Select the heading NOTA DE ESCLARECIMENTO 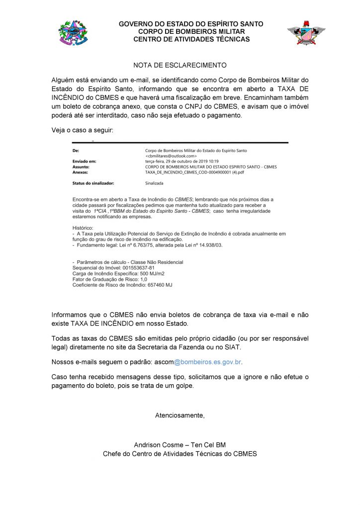[x=180, y=65]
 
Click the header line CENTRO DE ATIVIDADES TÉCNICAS [x=191, y=39]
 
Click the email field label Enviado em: [x=84, y=162]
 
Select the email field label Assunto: [x=82, y=167]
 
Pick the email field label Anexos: [x=81, y=172]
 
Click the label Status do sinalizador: [x=93, y=183]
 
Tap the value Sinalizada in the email [x=155, y=183]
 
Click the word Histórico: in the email [x=83, y=227]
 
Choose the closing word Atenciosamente [x=180, y=416]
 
